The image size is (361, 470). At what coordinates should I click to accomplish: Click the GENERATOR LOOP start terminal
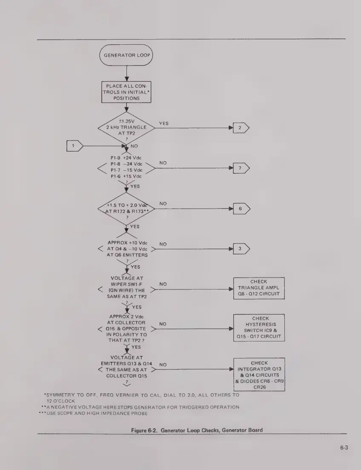click(x=126, y=55)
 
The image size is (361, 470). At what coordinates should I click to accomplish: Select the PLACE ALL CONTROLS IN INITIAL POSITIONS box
click(x=126, y=92)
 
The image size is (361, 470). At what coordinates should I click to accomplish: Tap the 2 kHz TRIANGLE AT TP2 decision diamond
click(x=126, y=128)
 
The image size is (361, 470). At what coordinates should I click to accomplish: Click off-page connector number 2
click(x=241, y=128)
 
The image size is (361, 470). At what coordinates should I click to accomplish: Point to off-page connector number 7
click(x=241, y=168)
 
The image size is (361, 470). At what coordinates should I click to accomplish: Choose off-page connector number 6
click(x=241, y=209)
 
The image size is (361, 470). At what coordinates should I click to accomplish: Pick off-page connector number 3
click(x=241, y=249)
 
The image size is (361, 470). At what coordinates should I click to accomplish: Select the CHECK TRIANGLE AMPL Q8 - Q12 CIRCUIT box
click(x=259, y=288)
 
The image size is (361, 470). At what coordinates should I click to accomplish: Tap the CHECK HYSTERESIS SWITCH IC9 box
click(x=259, y=327)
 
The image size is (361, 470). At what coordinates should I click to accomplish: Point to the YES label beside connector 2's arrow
click(x=164, y=123)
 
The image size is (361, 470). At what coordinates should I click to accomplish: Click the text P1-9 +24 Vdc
click(x=126, y=158)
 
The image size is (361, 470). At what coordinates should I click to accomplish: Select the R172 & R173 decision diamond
click(x=126, y=209)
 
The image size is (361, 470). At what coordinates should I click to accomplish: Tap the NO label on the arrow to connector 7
click(x=163, y=163)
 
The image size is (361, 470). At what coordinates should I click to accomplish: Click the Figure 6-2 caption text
click(x=197, y=430)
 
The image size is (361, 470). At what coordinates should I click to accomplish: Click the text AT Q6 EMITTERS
click(x=126, y=255)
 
